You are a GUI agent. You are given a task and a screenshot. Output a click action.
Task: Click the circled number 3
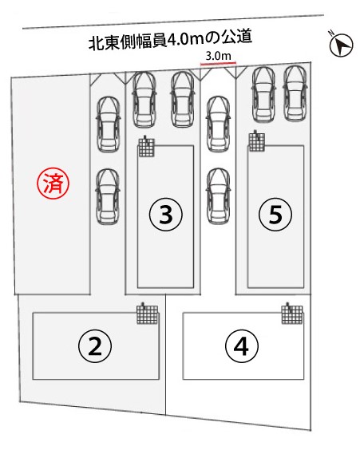pos(166,215)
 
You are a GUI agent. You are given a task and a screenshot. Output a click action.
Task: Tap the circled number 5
pos(275,214)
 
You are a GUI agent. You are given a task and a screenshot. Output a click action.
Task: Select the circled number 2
pos(95,346)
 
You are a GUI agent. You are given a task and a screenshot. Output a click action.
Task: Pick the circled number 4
pos(242,346)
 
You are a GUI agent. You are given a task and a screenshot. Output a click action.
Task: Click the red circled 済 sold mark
pos(53,183)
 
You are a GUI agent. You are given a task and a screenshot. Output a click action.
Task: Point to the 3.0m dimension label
pos(218,56)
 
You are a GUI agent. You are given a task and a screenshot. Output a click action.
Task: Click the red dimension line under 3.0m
pos(218,63)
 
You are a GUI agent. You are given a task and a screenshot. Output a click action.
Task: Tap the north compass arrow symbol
pos(342,45)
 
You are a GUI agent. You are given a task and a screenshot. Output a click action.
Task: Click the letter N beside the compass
pos(331,33)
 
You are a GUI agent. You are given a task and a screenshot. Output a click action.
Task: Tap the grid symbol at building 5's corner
pos(256,141)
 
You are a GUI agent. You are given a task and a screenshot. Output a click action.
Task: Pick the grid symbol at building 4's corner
pos(291,314)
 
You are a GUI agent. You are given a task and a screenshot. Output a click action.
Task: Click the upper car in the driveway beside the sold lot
pos(108,124)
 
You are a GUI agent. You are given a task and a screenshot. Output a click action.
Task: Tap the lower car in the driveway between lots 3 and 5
pos(218,196)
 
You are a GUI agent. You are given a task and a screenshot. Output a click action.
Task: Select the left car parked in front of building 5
pos(263,94)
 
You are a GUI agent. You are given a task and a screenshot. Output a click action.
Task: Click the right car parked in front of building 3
pos(183,99)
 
